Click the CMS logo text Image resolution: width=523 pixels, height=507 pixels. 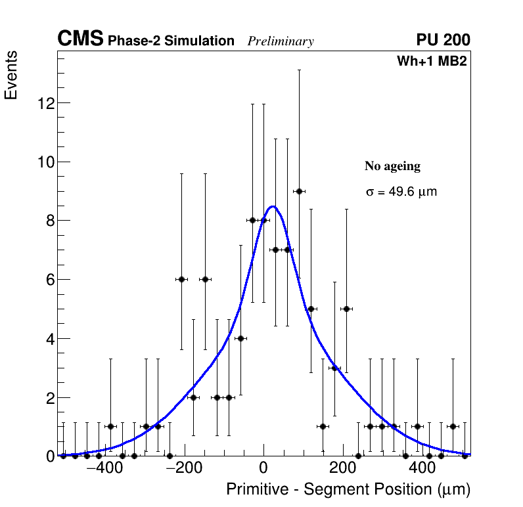(80, 39)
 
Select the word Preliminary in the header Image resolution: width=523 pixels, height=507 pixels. (281, 41)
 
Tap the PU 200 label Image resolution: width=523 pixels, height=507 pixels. (443, 40)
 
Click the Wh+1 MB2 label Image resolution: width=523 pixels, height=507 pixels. (431, 62)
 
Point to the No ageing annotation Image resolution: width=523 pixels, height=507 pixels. (392, 166)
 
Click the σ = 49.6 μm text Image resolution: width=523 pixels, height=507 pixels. (401, 192)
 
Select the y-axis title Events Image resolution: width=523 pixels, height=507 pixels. (11, 76)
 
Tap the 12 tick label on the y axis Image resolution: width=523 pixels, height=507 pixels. (44, 103)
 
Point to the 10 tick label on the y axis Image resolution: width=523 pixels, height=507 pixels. (44, 162)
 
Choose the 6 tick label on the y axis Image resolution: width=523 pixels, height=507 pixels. (49, 280)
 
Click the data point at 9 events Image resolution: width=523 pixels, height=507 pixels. (299, 191)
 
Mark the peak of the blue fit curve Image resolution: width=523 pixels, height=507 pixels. (273, 207)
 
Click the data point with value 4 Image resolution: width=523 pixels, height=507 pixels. (240, 338)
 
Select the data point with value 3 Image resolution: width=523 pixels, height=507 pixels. (334, 368)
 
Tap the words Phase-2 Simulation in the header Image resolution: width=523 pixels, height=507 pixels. (171, 41)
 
